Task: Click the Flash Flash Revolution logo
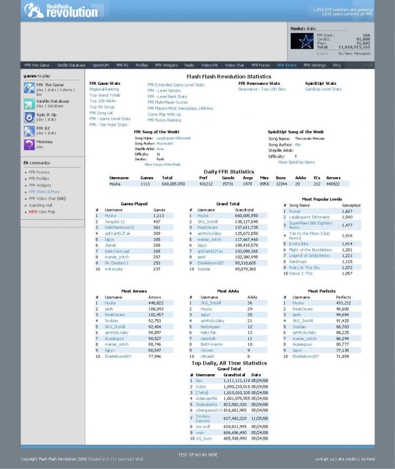[x=61, y=10]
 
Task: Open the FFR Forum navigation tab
[x=260, y=65]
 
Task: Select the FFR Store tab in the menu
[x=287, y=65]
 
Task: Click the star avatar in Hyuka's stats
[x=303, y=42]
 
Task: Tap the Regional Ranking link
[x=104, y=89]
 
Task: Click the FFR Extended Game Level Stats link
[x=175, y=84]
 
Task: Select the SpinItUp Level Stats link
[x=323, y=89]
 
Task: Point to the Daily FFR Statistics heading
[x=229, y=172]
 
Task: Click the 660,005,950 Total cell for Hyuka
[x=173, y=184]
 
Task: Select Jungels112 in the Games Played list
[x=114, y=222]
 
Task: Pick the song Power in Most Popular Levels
[x=294, y=211]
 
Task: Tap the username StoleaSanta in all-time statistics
[x=206, y=404]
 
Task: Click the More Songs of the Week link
[x=162, y=164]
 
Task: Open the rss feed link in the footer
[x=367, y=459]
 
